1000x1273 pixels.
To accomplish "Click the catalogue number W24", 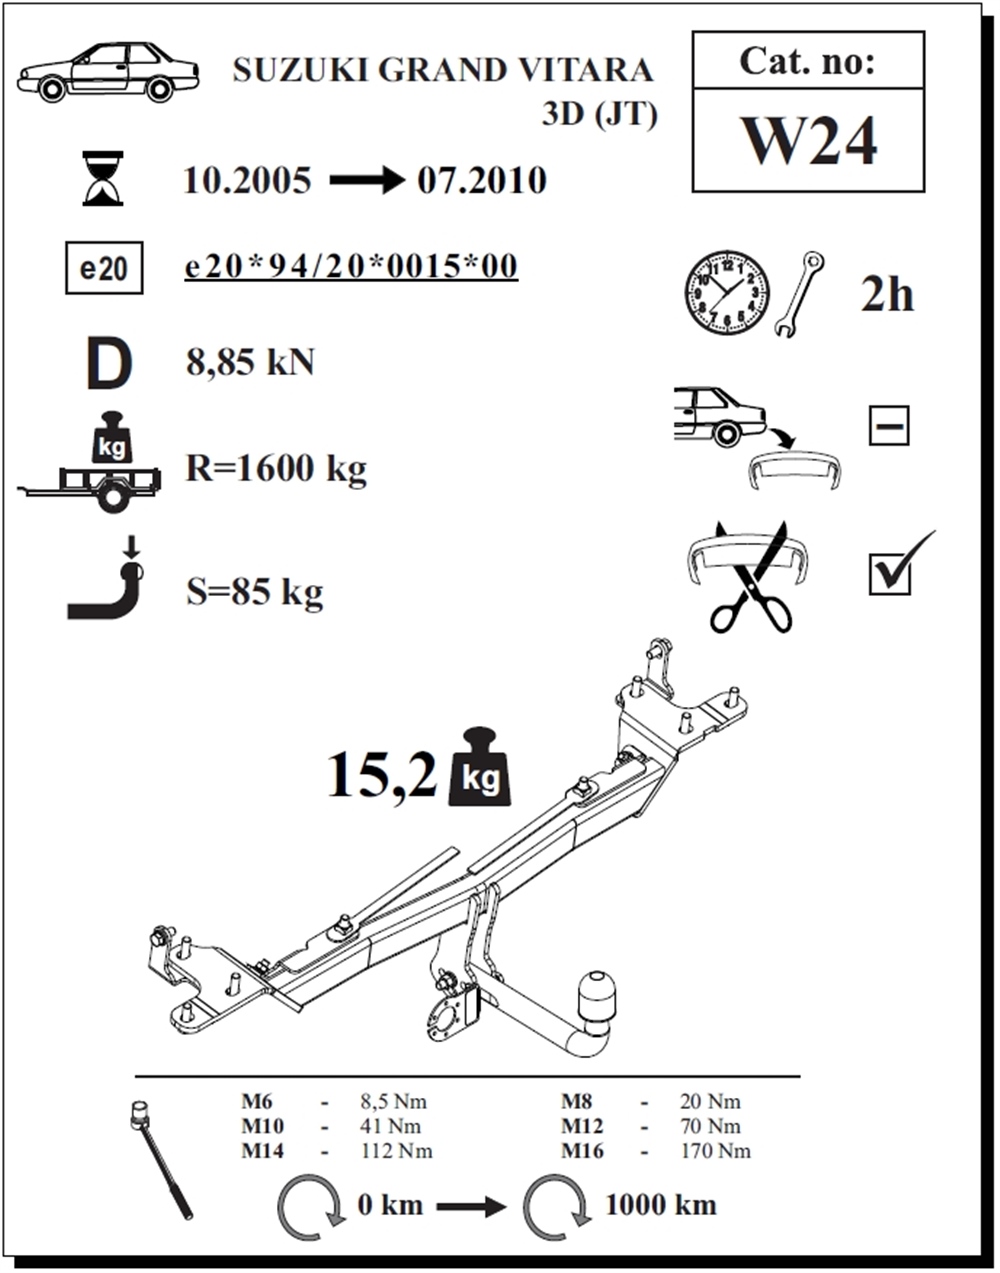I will [x=808, y=141].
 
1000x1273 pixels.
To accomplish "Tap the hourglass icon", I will [x=103, y=179].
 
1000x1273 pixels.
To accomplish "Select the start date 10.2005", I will [x=248, y=181].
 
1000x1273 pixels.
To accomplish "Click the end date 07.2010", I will [x=482, y=181].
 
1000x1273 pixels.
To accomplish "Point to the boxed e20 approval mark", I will [x=103, y=268].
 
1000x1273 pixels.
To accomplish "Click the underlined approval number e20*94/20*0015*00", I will [x=351, y=267].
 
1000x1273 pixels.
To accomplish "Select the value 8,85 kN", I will [x=250, y=362].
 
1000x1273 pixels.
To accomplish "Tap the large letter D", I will [x=108, y=364].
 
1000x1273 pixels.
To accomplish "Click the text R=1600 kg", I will [x=276, y=468].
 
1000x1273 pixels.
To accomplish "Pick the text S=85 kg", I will [x=254, y=592].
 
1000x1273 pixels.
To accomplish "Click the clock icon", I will [x=727, y=294].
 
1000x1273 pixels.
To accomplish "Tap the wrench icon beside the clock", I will [x=799, y=293].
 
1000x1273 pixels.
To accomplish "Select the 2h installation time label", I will [x=887, y=295].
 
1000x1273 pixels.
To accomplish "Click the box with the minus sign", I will [x=888, y=426].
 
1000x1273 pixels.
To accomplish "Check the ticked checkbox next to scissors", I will [x=890, y=574].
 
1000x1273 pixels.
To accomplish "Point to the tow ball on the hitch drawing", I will [x=596, y=989].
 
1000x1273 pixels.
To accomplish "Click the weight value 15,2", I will [x=382, y=775].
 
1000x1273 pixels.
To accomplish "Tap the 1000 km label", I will [x=660, y=1204].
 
